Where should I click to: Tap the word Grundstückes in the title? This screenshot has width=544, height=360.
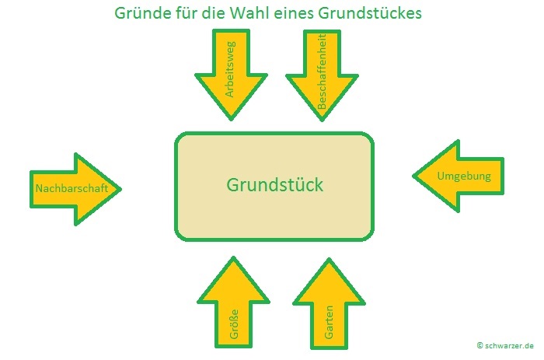tap(374, 14)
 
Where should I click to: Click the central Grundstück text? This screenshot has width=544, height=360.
tap(274, 186)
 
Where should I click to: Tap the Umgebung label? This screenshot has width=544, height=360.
tap(464, 177)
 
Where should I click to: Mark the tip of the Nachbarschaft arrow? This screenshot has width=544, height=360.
tap(121, 188)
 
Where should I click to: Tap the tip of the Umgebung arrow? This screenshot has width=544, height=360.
tap(413, 177)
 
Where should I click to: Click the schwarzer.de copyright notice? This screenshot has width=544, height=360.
tap(506, 344)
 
